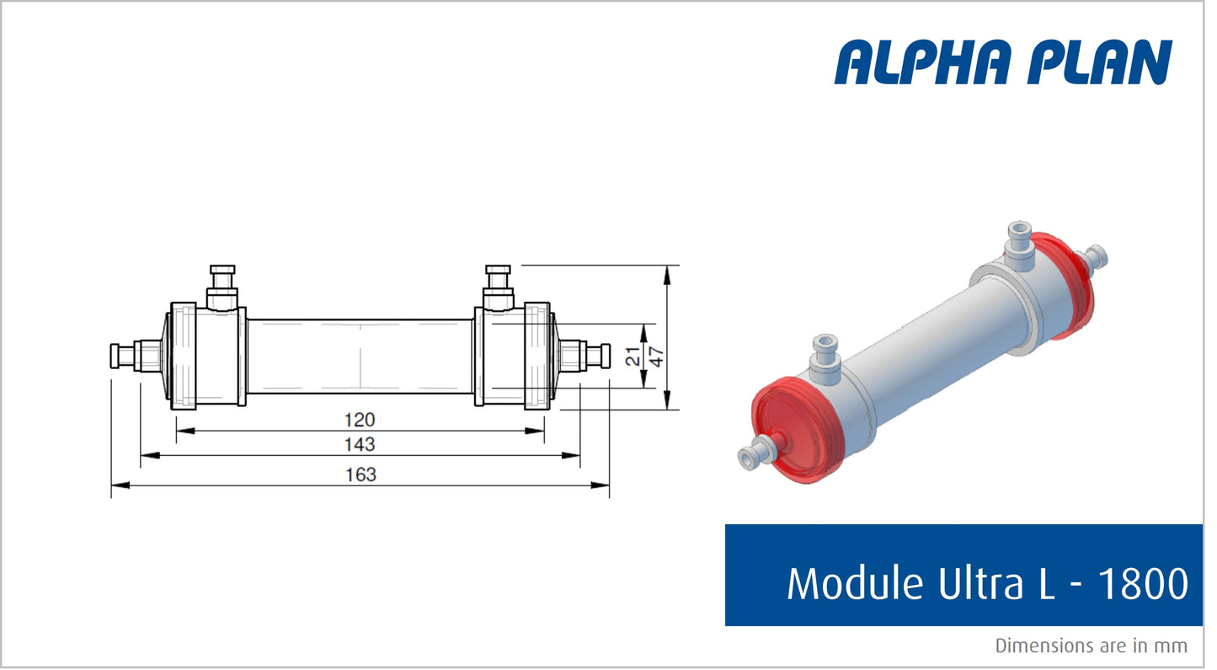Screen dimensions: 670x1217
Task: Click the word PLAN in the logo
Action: pos(1096,62)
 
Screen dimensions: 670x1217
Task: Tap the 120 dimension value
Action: pos(360,420)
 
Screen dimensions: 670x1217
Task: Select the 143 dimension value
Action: pos(360,444)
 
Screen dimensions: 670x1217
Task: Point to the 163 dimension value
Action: pos(360,474)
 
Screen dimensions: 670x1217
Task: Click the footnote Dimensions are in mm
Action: pos(1091,646)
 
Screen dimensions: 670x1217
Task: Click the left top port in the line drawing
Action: pos(223,287)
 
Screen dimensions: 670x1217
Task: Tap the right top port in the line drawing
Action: pos(498,287)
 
